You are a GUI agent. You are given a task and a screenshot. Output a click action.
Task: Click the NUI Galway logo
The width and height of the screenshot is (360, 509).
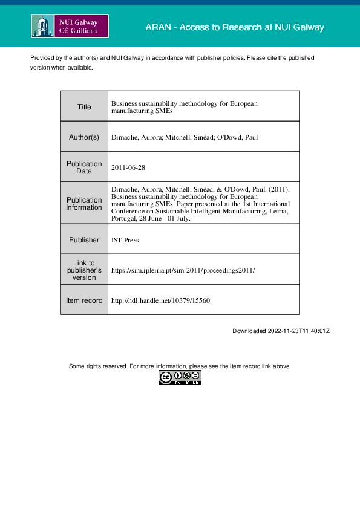click(70, 27)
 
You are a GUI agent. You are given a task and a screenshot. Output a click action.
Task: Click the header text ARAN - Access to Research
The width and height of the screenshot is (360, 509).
click(235, 28)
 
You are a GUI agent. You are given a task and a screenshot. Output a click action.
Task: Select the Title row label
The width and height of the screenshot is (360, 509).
click(84, 107)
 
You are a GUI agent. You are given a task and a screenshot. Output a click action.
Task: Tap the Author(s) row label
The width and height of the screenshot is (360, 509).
click(84, 137)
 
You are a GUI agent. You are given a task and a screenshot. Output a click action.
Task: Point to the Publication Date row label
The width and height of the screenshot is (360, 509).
click(84, 167)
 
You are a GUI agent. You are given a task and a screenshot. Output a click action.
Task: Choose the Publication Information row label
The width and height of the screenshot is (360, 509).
click(84, 204)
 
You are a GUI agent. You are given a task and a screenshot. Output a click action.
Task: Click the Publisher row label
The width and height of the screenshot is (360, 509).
click(84, 240)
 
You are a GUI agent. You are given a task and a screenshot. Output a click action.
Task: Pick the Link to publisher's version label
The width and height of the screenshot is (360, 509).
click(84, 270)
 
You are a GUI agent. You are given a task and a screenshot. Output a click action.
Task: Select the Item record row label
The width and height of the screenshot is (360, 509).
click(84, 300)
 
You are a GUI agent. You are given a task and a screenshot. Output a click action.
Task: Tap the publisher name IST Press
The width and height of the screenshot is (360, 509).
click(125, 240)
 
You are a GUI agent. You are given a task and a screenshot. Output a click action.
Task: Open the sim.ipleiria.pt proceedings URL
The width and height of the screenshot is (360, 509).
click(183, 270)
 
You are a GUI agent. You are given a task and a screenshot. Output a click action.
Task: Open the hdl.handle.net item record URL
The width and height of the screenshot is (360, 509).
click(160, 300)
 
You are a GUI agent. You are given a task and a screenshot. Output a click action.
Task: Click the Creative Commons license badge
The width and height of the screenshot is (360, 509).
click(180, 378)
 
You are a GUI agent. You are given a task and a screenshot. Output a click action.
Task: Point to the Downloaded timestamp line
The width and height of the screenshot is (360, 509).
click(281, 331)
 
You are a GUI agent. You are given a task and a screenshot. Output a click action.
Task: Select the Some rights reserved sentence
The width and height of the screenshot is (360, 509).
click(180, 366)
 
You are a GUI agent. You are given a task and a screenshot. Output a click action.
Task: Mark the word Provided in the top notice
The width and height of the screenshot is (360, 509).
click(43, 57)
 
